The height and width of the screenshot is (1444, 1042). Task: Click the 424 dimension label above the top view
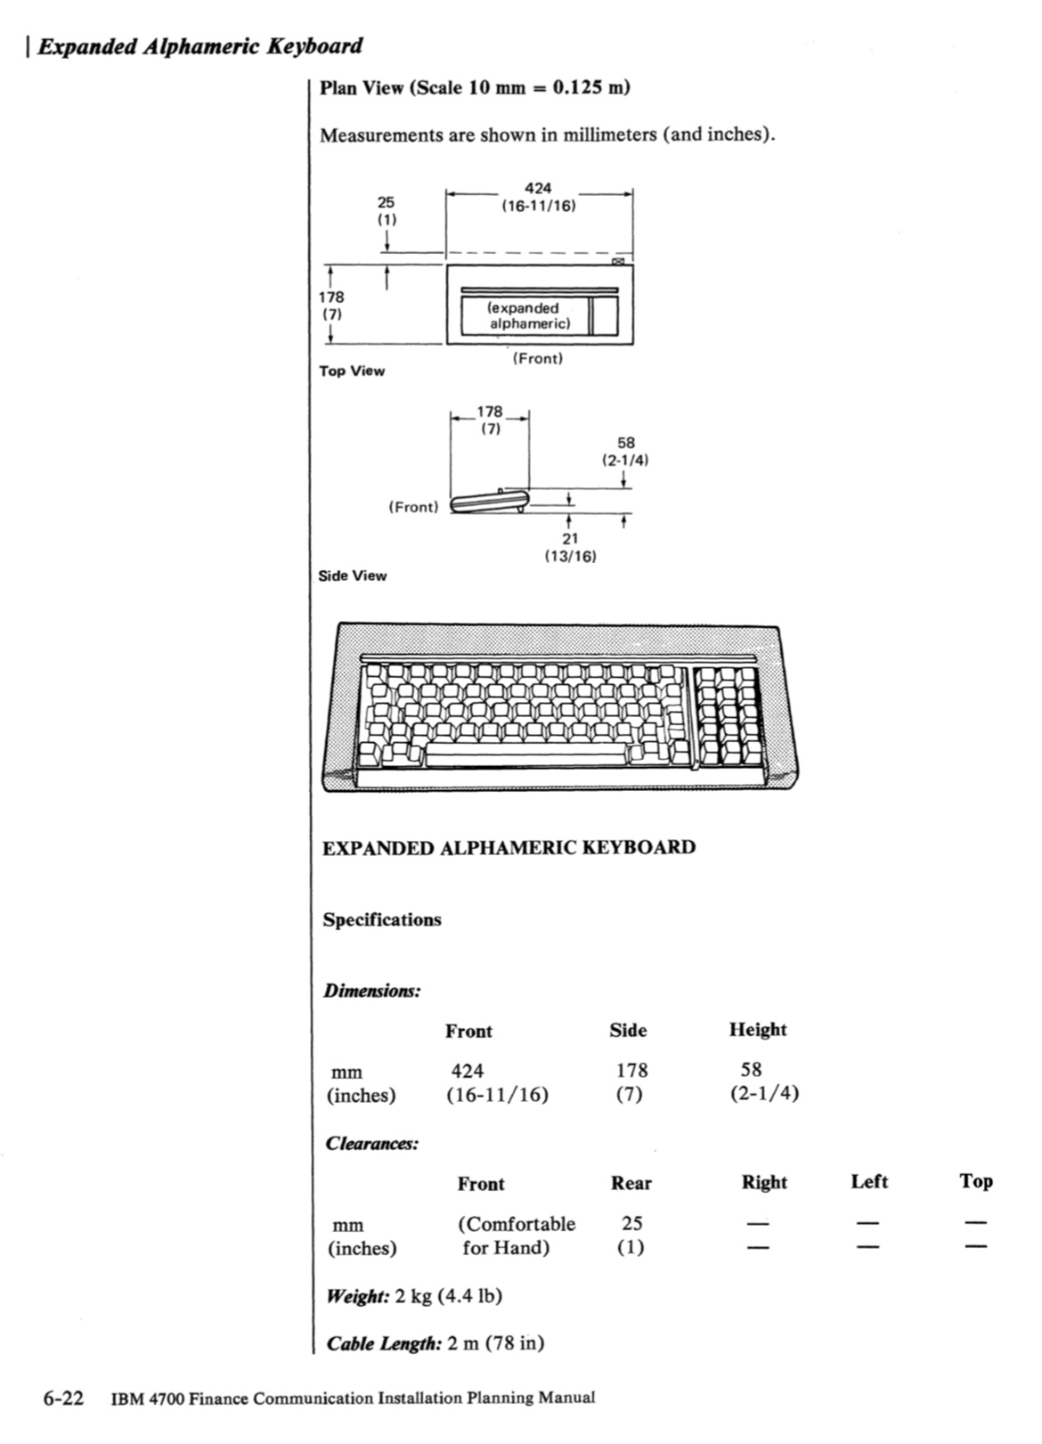tap(538, 188)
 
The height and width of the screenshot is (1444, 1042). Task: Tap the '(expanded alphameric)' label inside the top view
tap(528, 315)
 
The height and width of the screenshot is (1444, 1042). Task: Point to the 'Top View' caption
tap(352, 371)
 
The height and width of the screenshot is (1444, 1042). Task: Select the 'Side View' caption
tap(353, 575)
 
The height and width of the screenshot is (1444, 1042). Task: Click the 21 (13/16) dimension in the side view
tap(570, 546)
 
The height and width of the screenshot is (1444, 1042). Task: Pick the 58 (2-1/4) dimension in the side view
tap(625, 451)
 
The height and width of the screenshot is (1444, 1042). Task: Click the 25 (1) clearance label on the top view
tap(386, 210)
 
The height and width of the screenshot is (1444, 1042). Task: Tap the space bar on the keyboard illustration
tap(525, 757)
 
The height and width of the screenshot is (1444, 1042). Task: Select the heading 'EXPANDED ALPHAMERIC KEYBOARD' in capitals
tap(509, 846)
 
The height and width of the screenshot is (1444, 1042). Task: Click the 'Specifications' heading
tap(382, 919)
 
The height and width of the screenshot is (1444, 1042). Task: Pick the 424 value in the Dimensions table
tap(468, 1071)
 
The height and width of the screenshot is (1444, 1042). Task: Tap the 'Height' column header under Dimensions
tap(758, 1030)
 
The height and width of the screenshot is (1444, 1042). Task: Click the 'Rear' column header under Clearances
tap(631, 1183)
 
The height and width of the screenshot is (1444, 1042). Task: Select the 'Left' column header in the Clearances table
tap(869, 1181)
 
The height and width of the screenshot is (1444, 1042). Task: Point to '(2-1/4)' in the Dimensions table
tap(764, 1093)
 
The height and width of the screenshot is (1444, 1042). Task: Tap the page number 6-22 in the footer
tap(63, 1397)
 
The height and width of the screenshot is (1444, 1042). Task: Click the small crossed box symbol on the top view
tap(617, 261)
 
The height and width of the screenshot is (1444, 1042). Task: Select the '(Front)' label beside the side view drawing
tap(414, 507)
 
